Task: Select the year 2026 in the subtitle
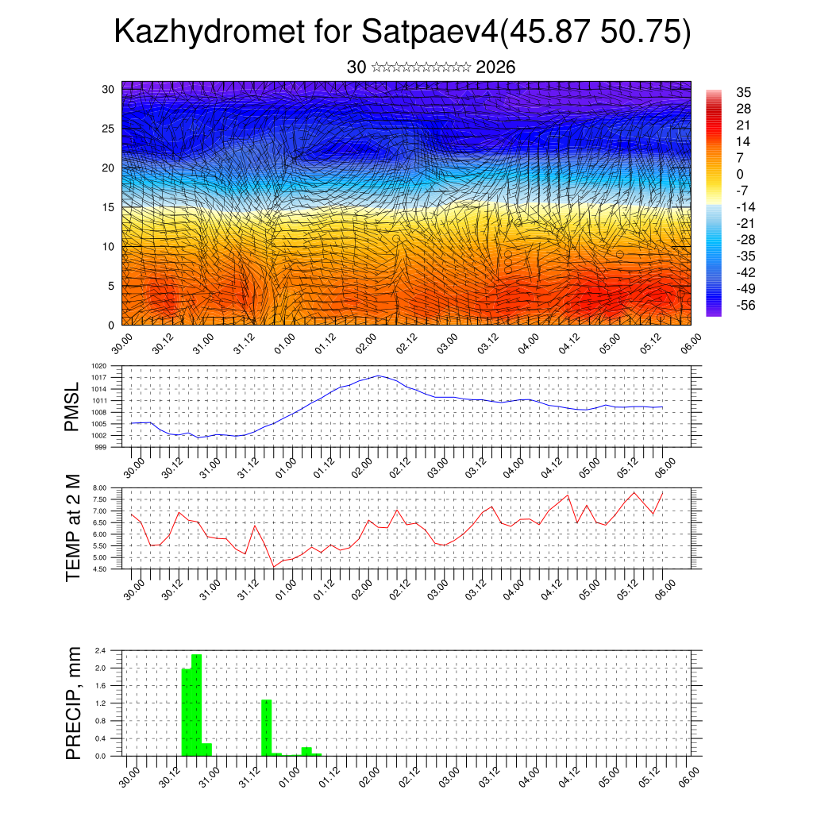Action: (496, 67)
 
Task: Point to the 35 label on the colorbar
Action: (744, 92)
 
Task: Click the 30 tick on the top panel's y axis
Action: (109, 89)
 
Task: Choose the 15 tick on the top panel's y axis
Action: (109, 207)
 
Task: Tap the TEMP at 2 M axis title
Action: (73, 528)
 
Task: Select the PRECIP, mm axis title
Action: (73, 703)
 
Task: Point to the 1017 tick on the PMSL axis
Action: (99, 378)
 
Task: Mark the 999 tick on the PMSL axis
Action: (101, 448)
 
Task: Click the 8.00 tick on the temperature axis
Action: (99, 487)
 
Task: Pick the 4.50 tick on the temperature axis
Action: (99, 569)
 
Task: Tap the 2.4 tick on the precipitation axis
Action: (101, 650)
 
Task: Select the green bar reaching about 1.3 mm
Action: (267, 727)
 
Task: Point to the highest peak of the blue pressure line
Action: (379, 376)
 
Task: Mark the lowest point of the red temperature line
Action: (274, 566)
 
